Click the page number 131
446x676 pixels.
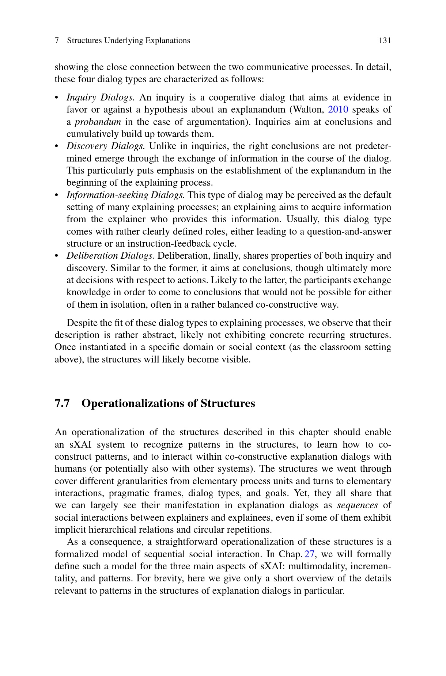tap(385, 41)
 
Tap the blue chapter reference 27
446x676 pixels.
tap(309, 554)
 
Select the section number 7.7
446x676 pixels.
tap(62, 403)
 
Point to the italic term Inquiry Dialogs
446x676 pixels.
tap(101, 98)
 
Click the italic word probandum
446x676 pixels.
tap(98, 122)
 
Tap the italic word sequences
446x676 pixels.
tap(357, 505)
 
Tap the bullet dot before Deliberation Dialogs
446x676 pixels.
tap(57, 256)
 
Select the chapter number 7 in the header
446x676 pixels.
tap(57, 41)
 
